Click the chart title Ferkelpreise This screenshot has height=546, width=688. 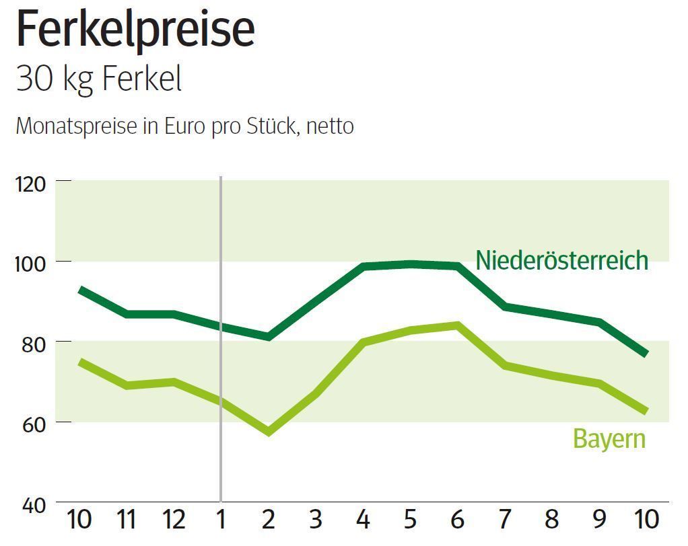[x=135, y=30]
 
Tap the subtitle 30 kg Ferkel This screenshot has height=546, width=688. [x=99, y=79]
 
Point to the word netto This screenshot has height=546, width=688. [x=330, y=126]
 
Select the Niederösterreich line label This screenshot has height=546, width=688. [x=561, y=260]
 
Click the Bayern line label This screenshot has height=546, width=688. [x=609, y=438]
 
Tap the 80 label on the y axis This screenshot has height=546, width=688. [x=32, y=343]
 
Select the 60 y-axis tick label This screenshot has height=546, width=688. [x=32, y=424]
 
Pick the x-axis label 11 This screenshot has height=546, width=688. [x=127, y=520]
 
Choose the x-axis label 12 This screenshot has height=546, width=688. [x=174, y=520]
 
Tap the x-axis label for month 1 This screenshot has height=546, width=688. [x=221, y=520]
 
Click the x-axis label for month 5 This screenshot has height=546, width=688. [x=410, y=520]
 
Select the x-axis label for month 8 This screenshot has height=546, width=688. [x=551, y=520]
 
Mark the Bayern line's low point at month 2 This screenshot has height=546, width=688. [x=269, y=431]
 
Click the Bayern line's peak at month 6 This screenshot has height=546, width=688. [x=458, y=326]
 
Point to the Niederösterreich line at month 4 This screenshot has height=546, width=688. [x=364, y=267]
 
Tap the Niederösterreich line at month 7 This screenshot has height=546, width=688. [x=505, y=307]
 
